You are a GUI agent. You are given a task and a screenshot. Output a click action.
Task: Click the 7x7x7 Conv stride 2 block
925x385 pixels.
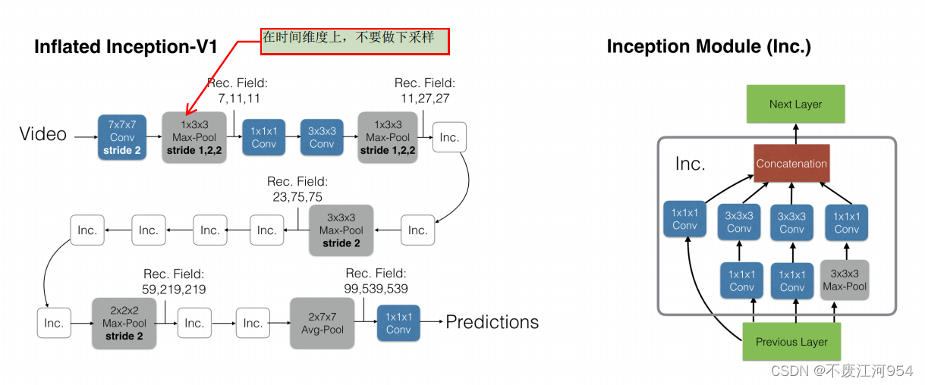click(122, 137)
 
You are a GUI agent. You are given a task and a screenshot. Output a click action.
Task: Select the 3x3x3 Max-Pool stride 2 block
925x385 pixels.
click(341, 230)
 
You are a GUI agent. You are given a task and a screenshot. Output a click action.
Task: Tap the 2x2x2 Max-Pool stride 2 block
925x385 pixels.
click(124, 323)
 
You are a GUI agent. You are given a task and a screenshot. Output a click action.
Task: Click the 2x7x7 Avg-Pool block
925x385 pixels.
click(322, 323)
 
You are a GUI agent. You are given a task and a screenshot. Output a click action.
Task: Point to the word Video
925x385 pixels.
click(43, 135)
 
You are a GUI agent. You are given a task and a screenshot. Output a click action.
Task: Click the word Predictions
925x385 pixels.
click(492, 322)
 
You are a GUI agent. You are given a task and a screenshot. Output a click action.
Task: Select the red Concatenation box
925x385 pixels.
click(791, 163)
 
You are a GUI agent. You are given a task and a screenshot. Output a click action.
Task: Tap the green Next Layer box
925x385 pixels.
click(795, 105)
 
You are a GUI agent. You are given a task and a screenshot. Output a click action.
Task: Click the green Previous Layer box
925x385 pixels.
click(791, 342)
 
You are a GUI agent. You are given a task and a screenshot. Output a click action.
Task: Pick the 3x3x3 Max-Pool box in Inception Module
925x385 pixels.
click(845, 280)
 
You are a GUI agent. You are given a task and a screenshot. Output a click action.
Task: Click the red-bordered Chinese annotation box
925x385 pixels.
click(355, 40)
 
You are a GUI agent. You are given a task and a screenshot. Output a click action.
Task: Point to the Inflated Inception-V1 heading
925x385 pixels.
click(126, 47)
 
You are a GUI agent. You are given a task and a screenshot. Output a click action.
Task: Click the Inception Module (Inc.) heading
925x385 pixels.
click(709, 47)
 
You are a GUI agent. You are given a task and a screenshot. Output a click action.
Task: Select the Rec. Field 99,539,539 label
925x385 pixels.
click(376, 280)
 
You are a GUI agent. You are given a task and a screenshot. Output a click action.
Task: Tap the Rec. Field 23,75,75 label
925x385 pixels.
click(297, 189)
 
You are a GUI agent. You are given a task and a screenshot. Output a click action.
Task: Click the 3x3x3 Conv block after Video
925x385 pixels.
click(322, 137)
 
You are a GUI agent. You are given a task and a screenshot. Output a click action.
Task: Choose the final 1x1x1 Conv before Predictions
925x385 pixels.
click(398, 323)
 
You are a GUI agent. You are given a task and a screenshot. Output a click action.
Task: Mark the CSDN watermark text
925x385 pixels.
click(842, 371)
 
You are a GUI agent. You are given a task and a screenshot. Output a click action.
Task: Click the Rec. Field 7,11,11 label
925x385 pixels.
click(238, 91)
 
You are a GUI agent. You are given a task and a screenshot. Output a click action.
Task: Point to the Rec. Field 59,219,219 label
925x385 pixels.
click(174, 281)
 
